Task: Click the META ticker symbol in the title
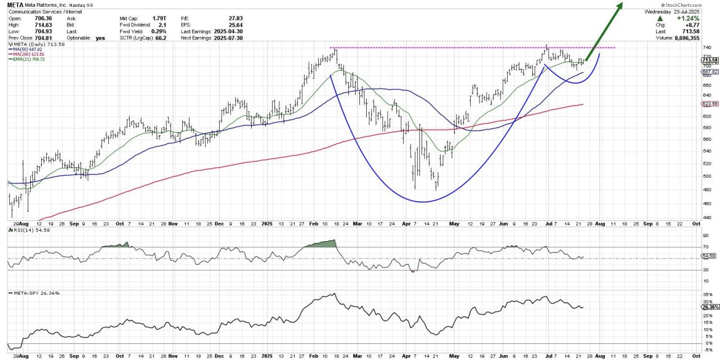[x=16, y=6]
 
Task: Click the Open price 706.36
[x=47, y=20]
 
